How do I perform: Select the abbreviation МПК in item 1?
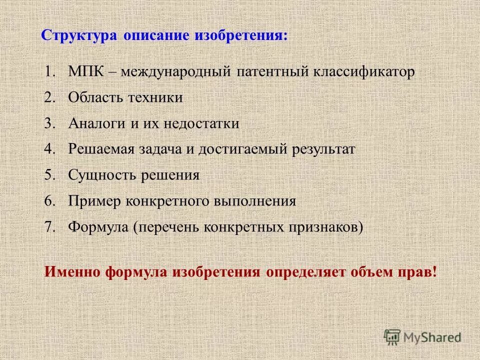coord(85,71)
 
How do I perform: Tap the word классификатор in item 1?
coord(364,71)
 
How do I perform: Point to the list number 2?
coord(49,97)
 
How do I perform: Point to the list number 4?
coord(49,149)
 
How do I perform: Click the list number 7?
coord(49,227)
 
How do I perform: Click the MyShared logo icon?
coord(392,337)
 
